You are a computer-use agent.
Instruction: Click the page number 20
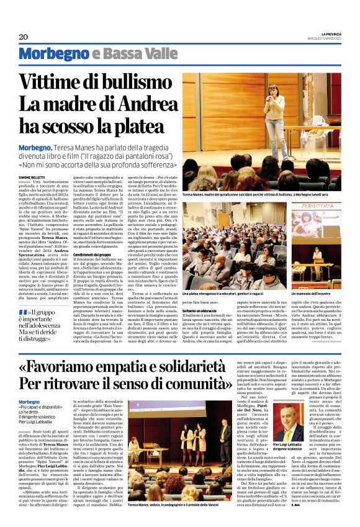(24, 37)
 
